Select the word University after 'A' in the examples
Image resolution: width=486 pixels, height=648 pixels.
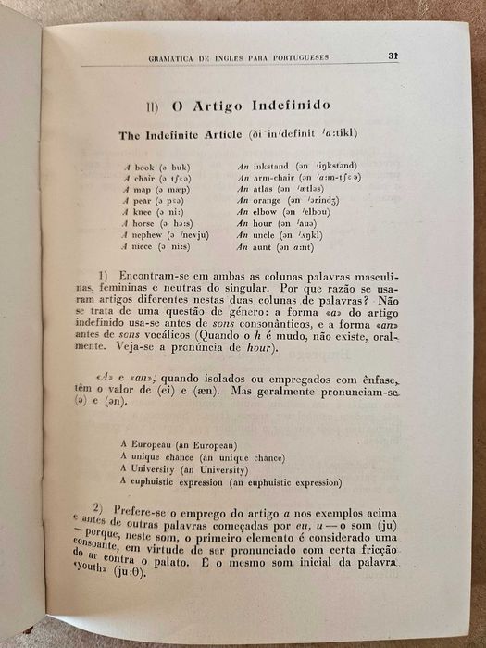[162, 469]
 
